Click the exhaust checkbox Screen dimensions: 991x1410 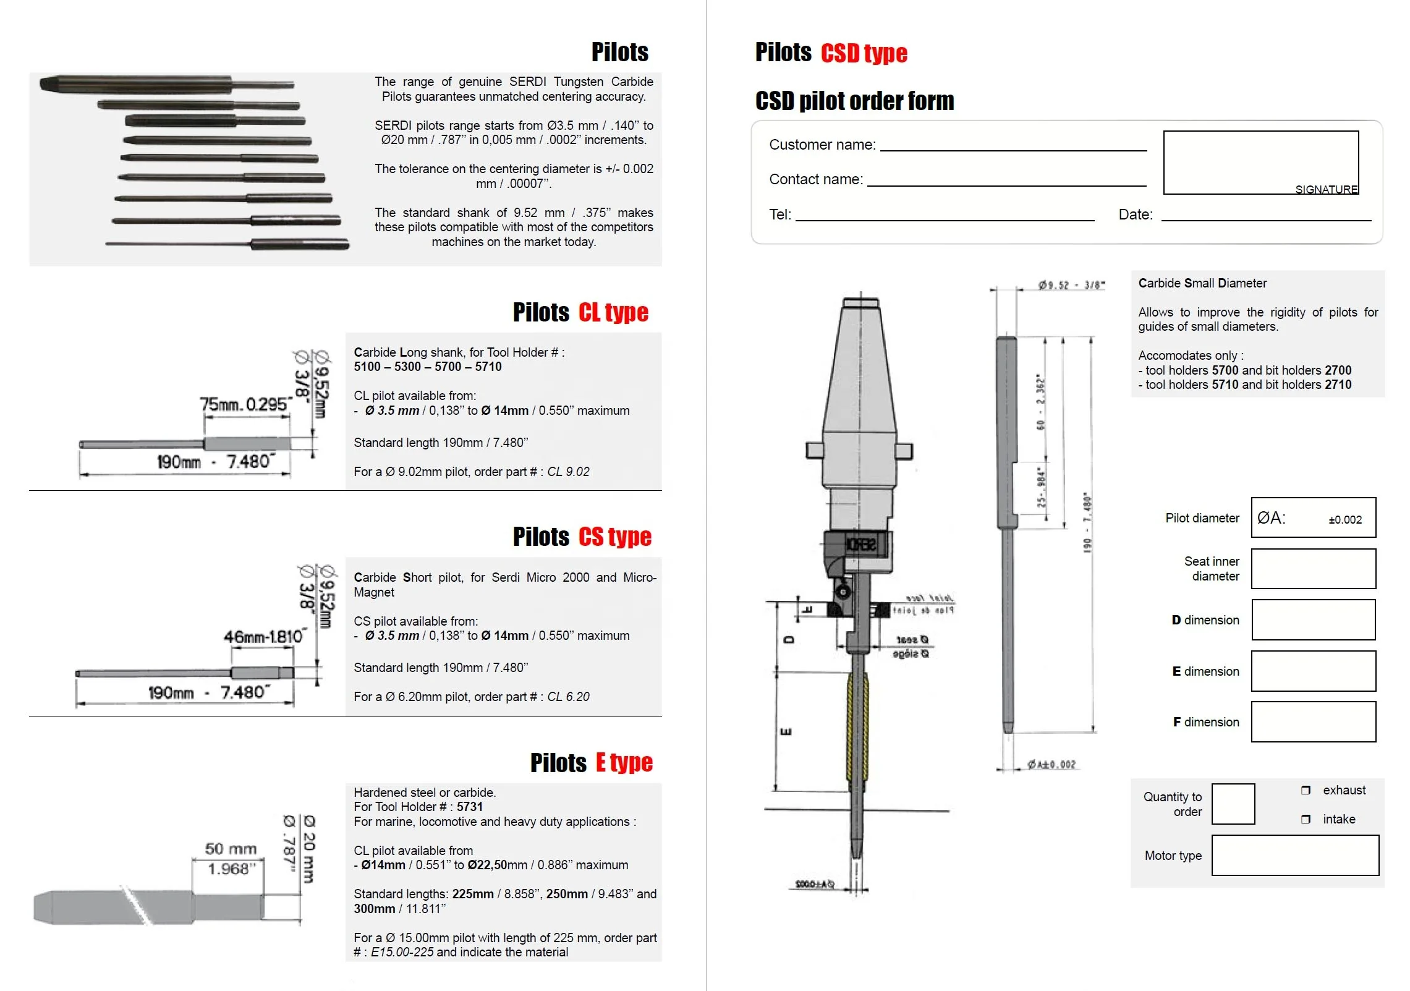click(1306, 790)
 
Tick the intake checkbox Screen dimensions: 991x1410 click(1306, 819)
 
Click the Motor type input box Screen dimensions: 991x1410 click(1295, 856)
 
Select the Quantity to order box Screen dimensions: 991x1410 click(1233, 804)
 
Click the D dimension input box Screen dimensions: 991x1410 click(1314, 620)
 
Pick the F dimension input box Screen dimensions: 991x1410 click(1314, 722)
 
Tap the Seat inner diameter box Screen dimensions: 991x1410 click(1314, 569)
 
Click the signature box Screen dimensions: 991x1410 click(1261, 162)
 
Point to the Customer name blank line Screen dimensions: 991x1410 click(1014, 146)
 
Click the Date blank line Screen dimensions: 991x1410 click(1266, 216)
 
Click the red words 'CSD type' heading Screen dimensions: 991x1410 click(864, 54)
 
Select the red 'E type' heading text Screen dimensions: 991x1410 click(624, 763)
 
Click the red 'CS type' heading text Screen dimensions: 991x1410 click(615, 537)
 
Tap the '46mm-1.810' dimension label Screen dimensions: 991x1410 click(263, 636)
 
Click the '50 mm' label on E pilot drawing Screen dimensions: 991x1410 click(231, 849)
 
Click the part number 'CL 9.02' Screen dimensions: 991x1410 click(568, 472)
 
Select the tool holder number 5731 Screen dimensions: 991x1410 click(470, 807)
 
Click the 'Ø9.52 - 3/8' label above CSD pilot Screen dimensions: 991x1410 click(1071, 285)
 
